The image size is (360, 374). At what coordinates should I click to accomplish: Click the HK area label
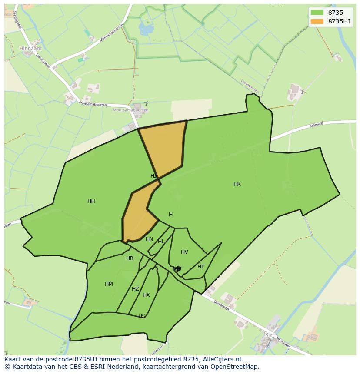[237, 184]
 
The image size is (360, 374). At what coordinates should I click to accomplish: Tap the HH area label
[91, 201]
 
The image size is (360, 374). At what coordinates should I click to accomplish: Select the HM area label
[109, 284]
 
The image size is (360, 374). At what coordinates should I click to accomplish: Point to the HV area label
[184, 252]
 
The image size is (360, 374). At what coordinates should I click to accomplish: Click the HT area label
[201, 267]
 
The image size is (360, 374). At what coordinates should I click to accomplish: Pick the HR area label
[130, 258]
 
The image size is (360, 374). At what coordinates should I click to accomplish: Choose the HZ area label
[135, 289]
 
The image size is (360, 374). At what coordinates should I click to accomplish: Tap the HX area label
[146, 295]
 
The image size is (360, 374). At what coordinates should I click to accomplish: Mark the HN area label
[150, 239]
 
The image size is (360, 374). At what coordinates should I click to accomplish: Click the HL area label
[161, 242]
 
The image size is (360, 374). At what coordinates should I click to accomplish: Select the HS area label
[142, 316]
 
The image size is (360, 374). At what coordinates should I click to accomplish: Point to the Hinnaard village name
[30, 48]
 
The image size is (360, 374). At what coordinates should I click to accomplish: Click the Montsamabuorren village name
[130, 110]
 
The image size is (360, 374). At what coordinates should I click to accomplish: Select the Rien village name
[270, 334]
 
